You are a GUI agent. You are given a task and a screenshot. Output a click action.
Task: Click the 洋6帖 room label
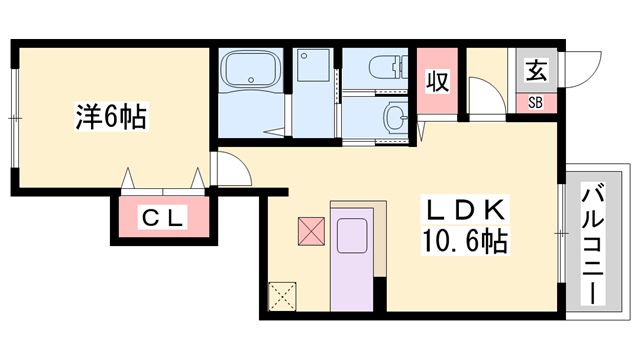pos(111,117)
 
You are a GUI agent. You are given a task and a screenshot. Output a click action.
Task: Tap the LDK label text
pos(465,210)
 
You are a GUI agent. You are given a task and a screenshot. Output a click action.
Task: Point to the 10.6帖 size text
pos(465,241)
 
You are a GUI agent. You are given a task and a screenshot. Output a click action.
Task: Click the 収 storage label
pos(438,81)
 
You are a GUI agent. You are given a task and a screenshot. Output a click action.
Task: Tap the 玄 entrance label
pos(536,71)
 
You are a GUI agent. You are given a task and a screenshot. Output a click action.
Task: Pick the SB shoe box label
pos(536,103)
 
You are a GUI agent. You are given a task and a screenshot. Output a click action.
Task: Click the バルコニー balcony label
pos(593,244)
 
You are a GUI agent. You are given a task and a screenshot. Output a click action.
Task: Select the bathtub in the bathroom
pos(250,70)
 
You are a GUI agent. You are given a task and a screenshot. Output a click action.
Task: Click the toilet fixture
pos(388,67)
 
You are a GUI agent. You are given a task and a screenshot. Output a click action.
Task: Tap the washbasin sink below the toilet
pos(395,118)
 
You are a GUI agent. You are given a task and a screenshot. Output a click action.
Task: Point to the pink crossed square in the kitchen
pos(311,231)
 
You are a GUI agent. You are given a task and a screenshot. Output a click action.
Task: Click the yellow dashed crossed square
pos(282,296)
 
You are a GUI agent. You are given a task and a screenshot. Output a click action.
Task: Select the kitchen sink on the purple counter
pos(352,236)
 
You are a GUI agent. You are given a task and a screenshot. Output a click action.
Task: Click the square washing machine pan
pos(313,65)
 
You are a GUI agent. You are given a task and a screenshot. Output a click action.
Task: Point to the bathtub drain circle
pos(251,80)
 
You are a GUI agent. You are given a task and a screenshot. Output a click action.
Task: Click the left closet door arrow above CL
pos(128,178)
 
